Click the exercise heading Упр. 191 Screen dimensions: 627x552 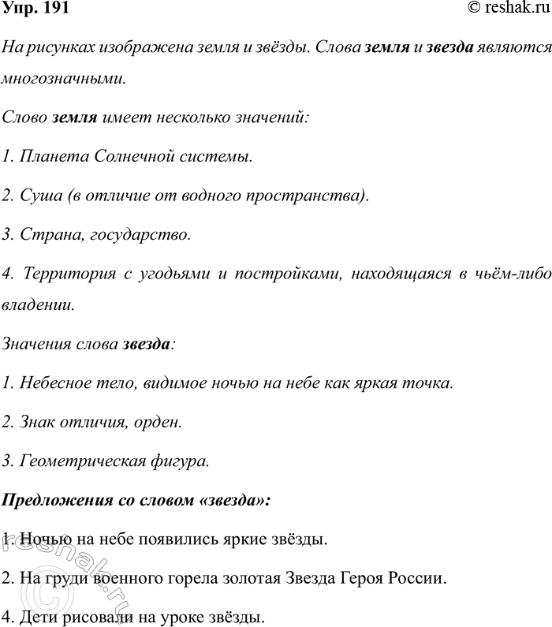click(x=36, y=9)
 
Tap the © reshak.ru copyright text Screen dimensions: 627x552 click(x=507, y=9)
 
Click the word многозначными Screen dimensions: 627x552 click(x=63, y=80)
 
